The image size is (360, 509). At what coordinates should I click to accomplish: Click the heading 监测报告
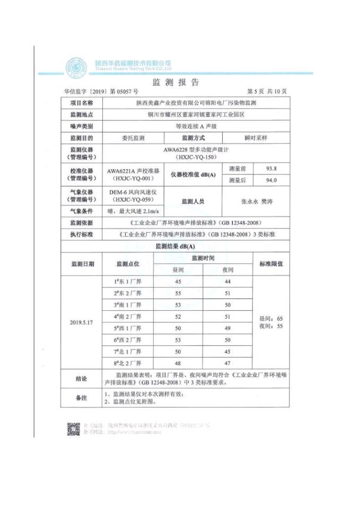175,82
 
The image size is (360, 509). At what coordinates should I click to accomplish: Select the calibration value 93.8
271,169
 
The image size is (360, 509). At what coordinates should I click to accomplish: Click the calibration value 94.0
271,180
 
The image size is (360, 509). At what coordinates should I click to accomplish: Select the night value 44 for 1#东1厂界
228,282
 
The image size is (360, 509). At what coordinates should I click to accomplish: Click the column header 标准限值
271,264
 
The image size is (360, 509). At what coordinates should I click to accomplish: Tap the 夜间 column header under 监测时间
228,270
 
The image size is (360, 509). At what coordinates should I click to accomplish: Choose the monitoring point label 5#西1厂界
128,328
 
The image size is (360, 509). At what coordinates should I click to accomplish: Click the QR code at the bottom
74,429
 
